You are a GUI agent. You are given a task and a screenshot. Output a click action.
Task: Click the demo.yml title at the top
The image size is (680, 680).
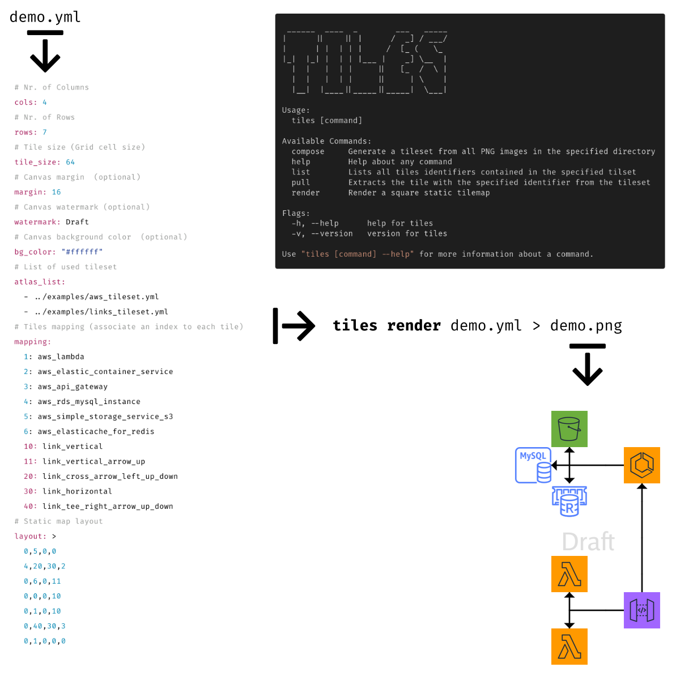45,17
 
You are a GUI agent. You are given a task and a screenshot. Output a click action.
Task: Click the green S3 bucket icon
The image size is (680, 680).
569,429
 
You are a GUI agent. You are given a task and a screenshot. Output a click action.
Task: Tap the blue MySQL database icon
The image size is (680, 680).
533,465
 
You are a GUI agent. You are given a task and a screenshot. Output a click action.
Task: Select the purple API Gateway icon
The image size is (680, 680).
641,610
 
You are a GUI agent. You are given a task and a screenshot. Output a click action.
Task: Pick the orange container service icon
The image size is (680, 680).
641,465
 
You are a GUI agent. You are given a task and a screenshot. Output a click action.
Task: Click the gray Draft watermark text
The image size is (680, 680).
588,542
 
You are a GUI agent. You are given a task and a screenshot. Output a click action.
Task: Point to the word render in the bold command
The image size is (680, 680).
414,326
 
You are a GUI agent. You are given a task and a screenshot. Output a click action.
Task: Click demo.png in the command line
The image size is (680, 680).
586,326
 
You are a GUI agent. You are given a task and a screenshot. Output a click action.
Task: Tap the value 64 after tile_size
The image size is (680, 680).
70,162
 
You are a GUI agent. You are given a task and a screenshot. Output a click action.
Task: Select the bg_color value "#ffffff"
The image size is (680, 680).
82,252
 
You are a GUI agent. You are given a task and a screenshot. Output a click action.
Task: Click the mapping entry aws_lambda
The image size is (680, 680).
61,356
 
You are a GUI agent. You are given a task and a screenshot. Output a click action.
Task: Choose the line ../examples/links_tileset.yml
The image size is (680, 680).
101,312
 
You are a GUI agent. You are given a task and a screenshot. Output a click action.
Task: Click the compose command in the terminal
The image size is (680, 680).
308,151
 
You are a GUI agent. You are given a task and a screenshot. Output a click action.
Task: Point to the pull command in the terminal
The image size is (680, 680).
300,182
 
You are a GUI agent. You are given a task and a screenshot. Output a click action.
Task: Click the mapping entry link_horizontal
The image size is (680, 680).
77,491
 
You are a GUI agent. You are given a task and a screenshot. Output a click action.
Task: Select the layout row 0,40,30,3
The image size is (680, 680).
45,626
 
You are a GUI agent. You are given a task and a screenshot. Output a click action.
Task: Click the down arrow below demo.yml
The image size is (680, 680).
45,52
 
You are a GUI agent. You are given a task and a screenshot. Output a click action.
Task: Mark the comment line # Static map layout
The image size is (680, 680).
59,521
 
